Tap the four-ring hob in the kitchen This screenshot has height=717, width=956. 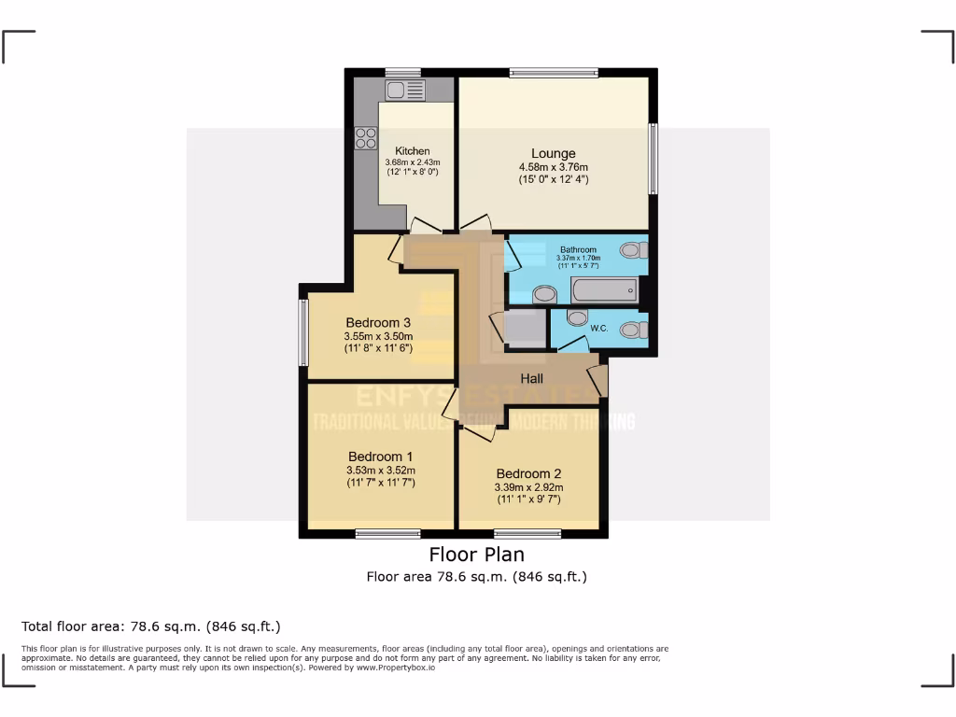[x=365, y=138]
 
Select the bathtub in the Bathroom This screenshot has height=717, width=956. [x=604, y=290]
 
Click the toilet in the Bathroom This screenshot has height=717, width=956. [x=634, y=249]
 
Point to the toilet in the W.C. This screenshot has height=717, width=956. [x=634, y=330]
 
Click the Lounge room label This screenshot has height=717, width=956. [x=554, y=154]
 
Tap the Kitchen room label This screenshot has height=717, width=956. [x=413, y=151]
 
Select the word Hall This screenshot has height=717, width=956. [x=532, y=378]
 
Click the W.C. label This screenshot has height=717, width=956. [x=599, y=329]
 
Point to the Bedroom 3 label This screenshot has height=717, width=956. [x=378, y=323]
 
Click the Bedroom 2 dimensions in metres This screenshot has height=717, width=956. [x=528, y=487]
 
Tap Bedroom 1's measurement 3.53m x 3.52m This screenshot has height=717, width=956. [x=380, y=471]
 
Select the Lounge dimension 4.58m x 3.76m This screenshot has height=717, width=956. [x=554, y=167]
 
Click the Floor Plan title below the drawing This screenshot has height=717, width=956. [x=477, y=555]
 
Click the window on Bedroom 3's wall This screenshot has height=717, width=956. [x=303, y=331]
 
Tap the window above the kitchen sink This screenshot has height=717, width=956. [x=403, y=72]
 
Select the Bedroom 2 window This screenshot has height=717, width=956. [x=527, y=534]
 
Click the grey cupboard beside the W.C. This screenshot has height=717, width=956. [x=524, y=329]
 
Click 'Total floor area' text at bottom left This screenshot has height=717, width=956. [x=151, y=626]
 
